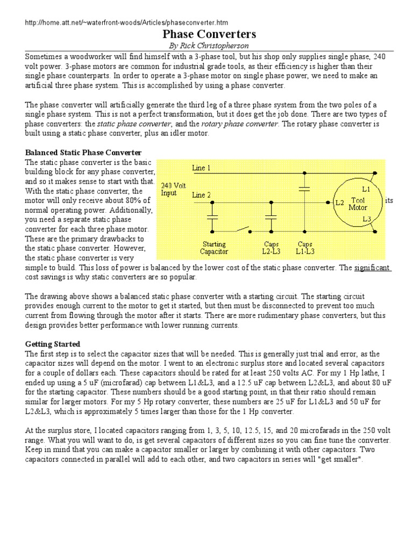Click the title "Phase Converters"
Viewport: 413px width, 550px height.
tap(206, 34)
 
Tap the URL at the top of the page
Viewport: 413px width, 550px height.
tap(127, 23)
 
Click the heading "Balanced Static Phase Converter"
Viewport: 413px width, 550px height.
tap(84, 153)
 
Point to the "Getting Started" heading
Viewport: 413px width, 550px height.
tap(53, 344)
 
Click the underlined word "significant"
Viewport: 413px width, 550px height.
tap(372, 267)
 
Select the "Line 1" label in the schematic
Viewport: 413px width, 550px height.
tap(202, 168)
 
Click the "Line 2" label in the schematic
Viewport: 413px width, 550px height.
tap(202, 195)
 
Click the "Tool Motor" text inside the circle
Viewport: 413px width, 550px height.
tap(358, 204)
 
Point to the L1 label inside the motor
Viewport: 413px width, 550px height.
tap(366, 189)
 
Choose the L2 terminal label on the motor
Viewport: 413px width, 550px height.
tap(339, 203)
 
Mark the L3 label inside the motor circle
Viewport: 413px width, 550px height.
tap(366, 219)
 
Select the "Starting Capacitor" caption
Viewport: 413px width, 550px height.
tap(214, 248)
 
